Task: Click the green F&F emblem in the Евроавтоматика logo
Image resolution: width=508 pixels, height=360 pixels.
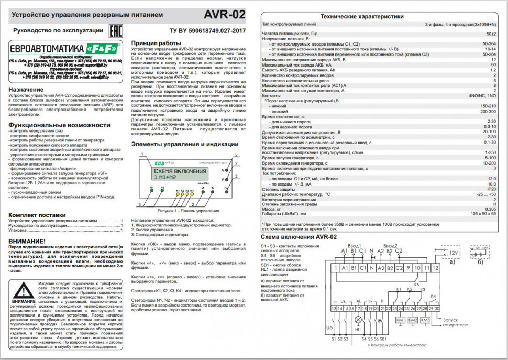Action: tap(105, 47)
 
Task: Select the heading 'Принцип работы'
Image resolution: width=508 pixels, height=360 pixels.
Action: tap(156, 42)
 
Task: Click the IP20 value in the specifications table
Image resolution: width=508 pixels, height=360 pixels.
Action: tap(491, 189)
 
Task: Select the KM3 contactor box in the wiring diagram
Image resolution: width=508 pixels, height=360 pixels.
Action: tap(425, 320)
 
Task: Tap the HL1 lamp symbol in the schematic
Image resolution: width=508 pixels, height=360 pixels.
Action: tap(359, 319)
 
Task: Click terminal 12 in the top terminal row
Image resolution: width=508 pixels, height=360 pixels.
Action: tap(435, 268)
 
